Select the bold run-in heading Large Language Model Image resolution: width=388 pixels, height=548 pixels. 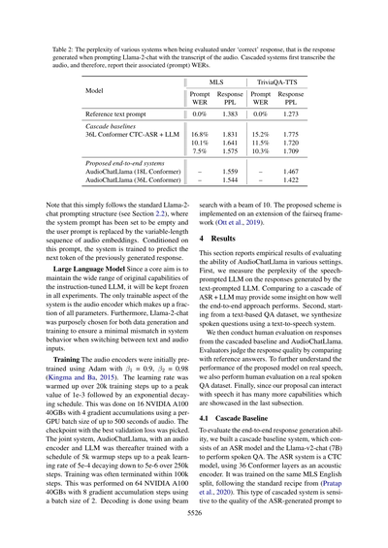(x=93, y=268)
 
